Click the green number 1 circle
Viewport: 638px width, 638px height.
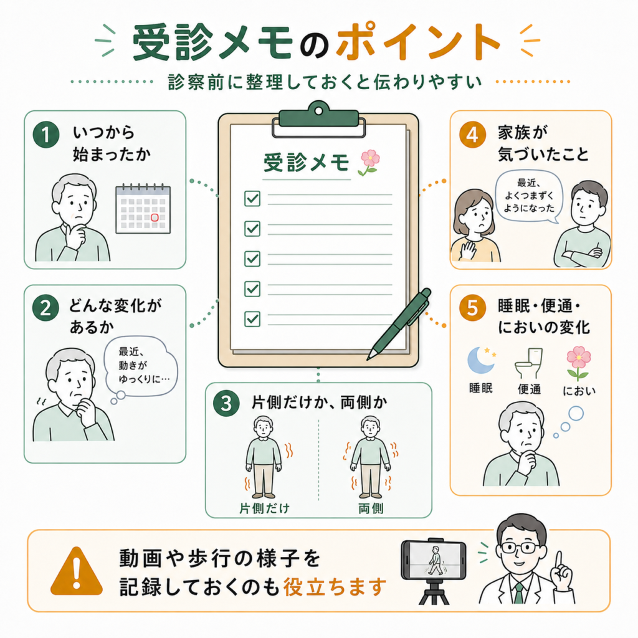tap(46, 135)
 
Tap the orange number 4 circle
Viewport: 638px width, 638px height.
tap(472, 135)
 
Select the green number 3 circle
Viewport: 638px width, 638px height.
tap(226, 403)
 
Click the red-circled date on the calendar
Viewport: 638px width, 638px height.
tap(155, 217)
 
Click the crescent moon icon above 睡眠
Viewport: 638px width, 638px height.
tap(481, 360)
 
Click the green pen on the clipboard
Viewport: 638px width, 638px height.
tap(399, 324)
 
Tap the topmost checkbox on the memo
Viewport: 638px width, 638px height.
tap(252, 199)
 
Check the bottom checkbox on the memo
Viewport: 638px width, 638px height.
tap(252, 319)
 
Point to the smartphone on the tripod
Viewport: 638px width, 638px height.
tap(434, 560)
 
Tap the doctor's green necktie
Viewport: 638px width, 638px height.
tap(519, 594)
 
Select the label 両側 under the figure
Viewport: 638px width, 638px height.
tap(371, 508)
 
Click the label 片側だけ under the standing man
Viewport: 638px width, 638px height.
tap(264, 508)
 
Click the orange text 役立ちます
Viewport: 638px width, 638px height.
tap(335, 587)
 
